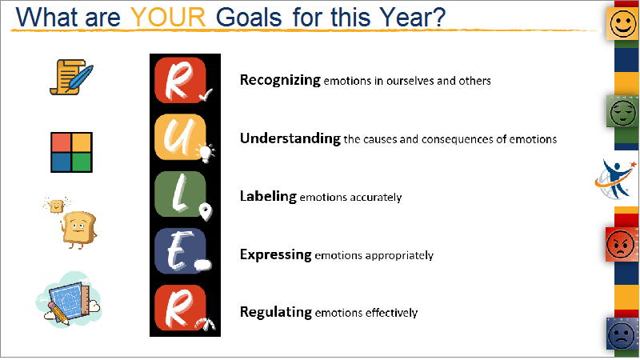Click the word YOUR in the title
[x=168, y=18]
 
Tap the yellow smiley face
[x=622, y=24]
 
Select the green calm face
[x=622, y=112]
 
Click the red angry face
[x=621, y=245]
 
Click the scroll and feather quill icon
[x=71, y=77]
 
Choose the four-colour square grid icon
[x=71, y=152]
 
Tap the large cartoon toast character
[x=79, y=230]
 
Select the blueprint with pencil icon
[x=69, y=300]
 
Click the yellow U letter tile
[x=180, y=137]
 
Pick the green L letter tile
[x=180, y=194]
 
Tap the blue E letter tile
[x=180, y=250]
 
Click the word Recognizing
[x=280, y=80]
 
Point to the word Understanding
[x=290, y=138]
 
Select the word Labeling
[x=268, y=196]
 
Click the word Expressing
[x=276, y=254]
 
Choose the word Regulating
[x=276, y=312]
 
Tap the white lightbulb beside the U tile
[x=206, y=153]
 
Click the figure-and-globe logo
[x=615, y=179]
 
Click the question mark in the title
[x=437, y=18]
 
